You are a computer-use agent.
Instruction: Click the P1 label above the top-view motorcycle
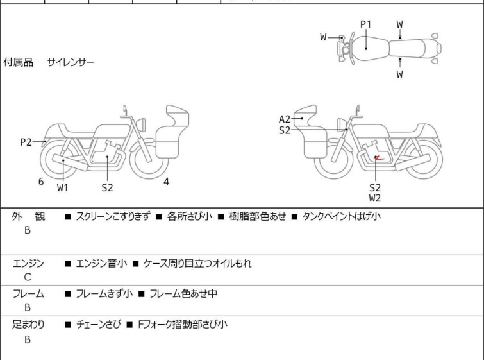[365, 24]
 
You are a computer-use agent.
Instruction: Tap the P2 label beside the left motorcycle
[26, 142]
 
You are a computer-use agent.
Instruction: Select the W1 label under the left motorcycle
[62, 188]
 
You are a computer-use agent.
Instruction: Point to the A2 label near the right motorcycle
[285, 119]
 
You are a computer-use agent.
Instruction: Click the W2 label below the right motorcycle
[375, 198]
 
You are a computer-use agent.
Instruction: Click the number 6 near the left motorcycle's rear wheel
[41, 182]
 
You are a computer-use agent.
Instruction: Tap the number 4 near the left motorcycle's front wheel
[166, 182]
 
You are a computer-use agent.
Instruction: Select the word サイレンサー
[71, 62]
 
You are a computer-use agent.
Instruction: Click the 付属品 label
[19, 62]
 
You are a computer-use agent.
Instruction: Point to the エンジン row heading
[28, 263]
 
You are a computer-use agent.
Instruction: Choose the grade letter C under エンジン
[27, 277]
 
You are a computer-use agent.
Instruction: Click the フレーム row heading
[28, 294]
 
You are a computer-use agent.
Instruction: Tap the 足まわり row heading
[28, 325]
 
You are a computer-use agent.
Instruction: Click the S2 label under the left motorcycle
[107, 188]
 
